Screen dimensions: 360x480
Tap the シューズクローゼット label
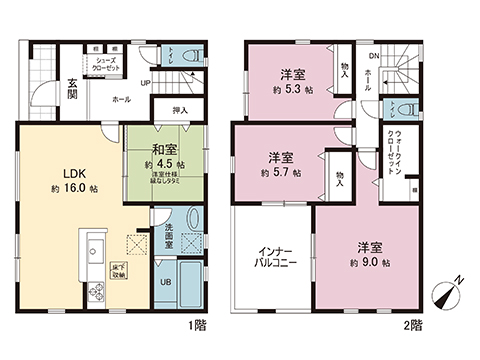tap(107, 64)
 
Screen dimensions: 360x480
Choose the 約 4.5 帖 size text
tap(160, 164)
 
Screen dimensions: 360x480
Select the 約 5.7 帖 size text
tap(283, 173)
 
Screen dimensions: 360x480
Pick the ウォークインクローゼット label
tap(392, 153)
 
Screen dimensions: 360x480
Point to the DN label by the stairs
tap(373, 57)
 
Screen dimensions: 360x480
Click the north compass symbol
tap(445, 296)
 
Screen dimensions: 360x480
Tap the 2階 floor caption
tap(413, 324)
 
